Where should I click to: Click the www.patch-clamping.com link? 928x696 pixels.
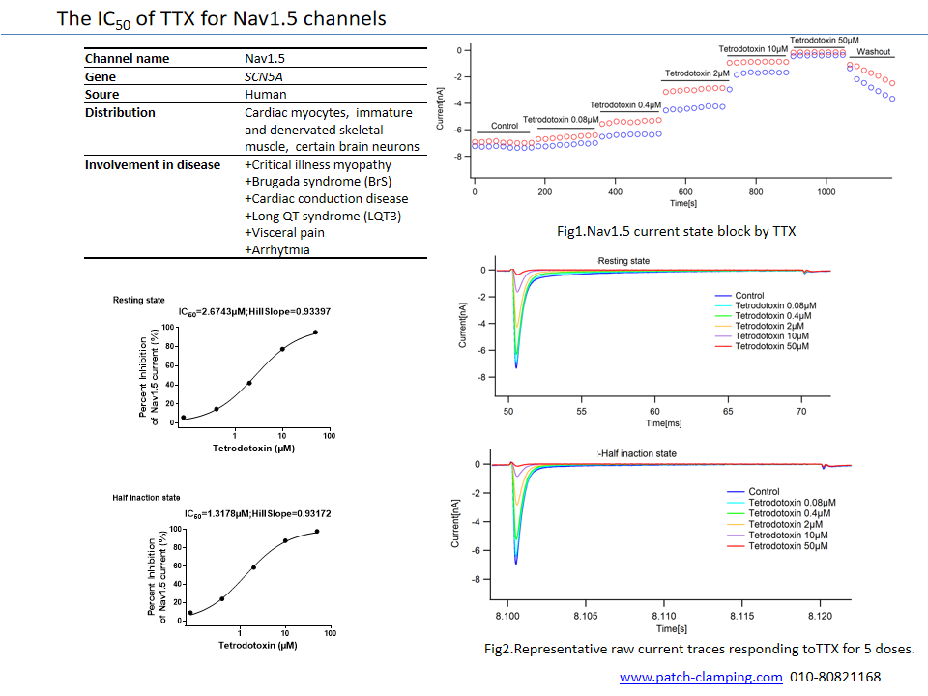[701, 677]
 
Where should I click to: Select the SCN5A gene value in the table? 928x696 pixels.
[263, 77]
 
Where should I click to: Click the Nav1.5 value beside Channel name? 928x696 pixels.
[265, 59]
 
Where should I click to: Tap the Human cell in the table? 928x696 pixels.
[265, 95]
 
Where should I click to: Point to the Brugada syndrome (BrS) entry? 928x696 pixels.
[318, 182]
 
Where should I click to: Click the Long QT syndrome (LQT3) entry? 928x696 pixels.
[323, 217]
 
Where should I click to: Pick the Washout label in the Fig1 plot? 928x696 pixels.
[874, 52]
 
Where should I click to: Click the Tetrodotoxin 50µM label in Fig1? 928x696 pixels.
[825, 41]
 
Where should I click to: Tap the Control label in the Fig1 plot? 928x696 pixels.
[505, 126]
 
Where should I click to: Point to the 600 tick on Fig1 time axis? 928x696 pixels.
[685, 191]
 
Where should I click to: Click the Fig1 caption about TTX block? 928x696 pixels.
[676, 231]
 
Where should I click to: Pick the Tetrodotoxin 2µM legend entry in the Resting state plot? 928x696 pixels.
[769, 326]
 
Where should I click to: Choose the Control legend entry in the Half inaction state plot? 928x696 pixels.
[764, 492]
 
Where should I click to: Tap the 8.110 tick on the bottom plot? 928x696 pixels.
[664, 616]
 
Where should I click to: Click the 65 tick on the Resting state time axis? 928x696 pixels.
[728, 412]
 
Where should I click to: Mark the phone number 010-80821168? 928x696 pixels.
[835, 677]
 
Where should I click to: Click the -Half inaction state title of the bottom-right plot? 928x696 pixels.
[637, 454]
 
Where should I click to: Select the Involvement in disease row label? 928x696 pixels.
[153, 165]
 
